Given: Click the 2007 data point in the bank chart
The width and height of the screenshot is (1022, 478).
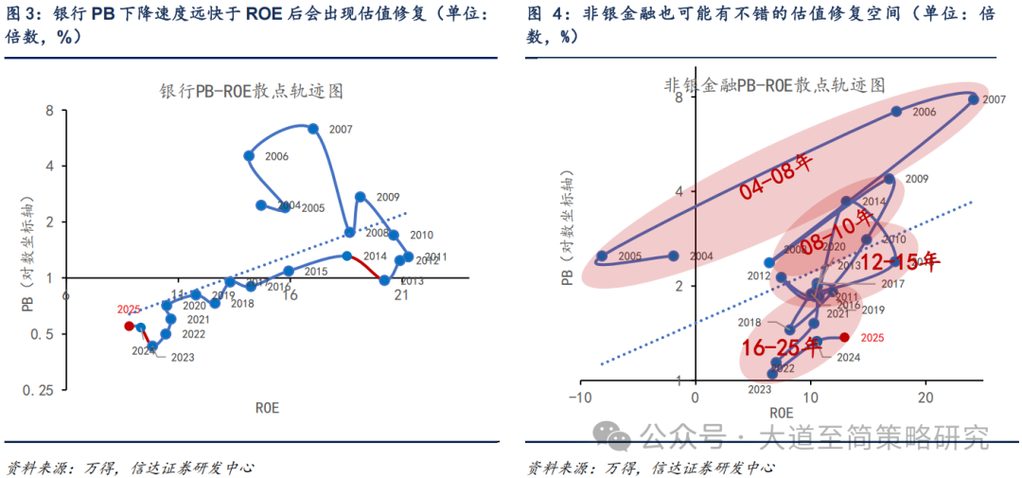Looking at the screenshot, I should (x=313, y=129).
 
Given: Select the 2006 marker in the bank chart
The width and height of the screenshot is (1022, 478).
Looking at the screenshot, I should (x=249, y=156).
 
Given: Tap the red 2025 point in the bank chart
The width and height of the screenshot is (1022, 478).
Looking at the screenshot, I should (x=130, y=326).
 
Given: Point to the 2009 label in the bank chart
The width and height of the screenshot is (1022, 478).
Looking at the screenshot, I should (x=388, y=197).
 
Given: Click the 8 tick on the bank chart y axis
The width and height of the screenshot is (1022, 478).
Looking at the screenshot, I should (x=49, y=111).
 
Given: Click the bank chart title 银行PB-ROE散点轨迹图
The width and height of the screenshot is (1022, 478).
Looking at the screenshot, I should (x=251, y=91).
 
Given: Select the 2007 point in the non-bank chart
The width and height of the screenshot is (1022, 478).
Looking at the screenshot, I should (x=972, y=98).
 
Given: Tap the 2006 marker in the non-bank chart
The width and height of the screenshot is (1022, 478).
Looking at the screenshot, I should (x=896, y=112).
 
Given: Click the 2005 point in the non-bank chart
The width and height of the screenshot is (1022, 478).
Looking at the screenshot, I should (x=602, y=256).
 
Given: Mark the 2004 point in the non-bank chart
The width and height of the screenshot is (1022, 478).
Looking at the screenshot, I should (x=674, y=256).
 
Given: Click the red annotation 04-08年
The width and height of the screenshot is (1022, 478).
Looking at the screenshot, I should (x=776, y=178).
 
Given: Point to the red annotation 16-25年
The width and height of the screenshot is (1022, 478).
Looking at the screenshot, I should (x=782, y=346).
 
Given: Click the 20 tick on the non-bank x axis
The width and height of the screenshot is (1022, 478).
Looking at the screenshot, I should (x=926, y=397).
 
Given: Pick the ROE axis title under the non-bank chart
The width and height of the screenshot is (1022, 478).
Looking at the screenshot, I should (x=781, y=414).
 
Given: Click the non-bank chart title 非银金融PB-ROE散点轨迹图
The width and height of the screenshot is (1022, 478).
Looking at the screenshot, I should (x=774, y=84).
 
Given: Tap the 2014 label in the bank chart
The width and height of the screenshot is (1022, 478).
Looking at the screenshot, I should (x=376, y=257).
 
